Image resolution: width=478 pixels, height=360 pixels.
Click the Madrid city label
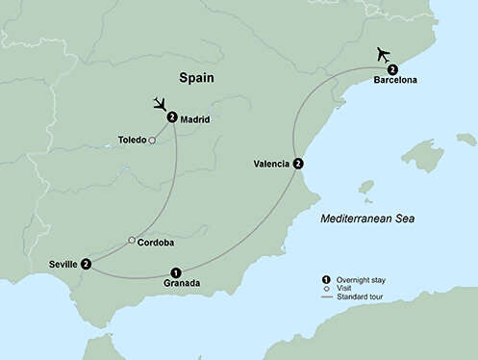194,119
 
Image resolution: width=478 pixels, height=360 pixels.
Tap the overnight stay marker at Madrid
171,117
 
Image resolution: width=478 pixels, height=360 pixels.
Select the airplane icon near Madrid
161,102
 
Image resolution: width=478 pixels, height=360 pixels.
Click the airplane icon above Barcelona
385,53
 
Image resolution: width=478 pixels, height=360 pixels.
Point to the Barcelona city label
395,80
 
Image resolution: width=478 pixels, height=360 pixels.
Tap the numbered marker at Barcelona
392,68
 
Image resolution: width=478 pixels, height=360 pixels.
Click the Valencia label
271,164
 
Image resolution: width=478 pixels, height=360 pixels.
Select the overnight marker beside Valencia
298,164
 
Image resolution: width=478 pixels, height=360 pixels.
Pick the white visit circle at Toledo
152,140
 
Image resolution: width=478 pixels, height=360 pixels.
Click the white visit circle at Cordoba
132,241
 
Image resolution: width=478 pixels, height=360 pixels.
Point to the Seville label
63,264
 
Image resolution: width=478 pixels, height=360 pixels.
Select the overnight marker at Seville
88,264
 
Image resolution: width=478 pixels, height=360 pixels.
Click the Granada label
182,283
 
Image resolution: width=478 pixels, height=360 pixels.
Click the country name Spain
196,77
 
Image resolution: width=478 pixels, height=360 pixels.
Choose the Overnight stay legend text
365,279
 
